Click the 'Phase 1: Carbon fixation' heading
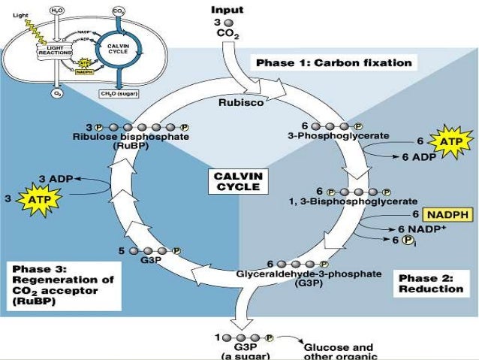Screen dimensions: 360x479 tap(334, 63)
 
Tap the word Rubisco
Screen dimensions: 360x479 tap(240, 104)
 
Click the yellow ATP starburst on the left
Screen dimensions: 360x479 tap(35, 198)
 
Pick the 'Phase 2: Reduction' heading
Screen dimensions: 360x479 tap(430, 283)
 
